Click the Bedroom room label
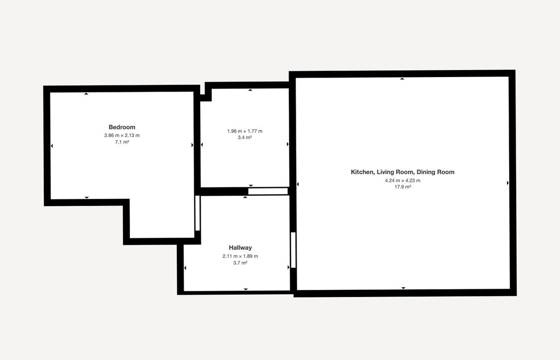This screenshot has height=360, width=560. (x=122, y=127)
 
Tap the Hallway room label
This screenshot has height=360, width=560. (x=240, y=247)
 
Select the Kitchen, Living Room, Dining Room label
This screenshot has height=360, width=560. (x=402, y=172)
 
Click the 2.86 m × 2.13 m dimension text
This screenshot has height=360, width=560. (x=122, y=135)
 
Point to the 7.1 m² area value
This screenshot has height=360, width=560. (x=122, y=142)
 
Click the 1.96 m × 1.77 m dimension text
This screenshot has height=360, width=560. (x=245, y=131)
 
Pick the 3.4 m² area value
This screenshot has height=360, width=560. (x=245, y=137)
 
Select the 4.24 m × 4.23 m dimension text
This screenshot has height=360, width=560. (x=402, y=180)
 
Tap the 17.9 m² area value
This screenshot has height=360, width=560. (x=402, y=187)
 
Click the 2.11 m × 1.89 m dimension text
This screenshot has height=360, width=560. (x=240, y=256)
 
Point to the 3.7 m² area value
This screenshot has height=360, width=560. (x=240, y=263)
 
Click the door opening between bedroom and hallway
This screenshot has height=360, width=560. (x=197, y=213)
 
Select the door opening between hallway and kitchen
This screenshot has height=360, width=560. (x=293, y=250)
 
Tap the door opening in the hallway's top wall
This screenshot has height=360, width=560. (x=268, y=191)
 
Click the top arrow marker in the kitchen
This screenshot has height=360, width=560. (x=402, y=79)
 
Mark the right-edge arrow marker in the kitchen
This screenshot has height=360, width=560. (x=508, y=183)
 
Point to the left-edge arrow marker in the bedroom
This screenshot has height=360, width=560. (x=52, y=146)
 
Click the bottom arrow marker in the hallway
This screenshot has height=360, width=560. (x=246, y=289)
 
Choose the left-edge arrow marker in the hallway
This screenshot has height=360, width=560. (x=185, y=268)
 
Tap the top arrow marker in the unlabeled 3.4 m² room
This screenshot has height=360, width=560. (x=250, y=90)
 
